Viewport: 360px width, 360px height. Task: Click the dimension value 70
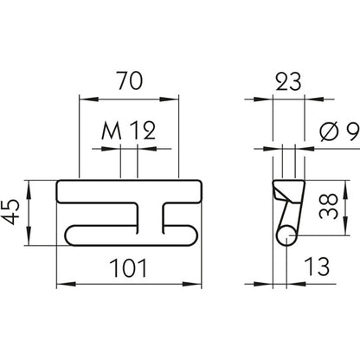pos(130,83)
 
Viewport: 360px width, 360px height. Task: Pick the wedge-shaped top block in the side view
pos(288,189)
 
